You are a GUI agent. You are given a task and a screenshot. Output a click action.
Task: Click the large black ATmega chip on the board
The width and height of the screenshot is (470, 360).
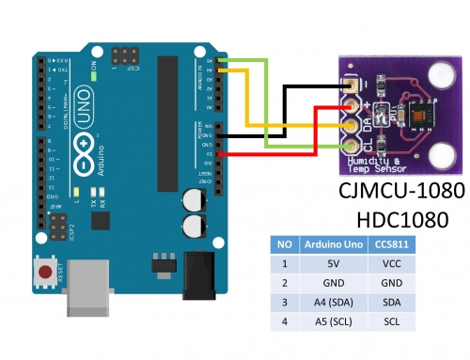point(169,117)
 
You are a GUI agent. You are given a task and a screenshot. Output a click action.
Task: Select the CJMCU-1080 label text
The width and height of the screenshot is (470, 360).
point(401,191)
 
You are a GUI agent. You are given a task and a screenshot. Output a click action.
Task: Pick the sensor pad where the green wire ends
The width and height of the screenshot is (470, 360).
point(350,144)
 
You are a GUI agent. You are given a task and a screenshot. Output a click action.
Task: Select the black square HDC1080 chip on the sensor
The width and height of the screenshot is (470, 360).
point(407,114)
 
